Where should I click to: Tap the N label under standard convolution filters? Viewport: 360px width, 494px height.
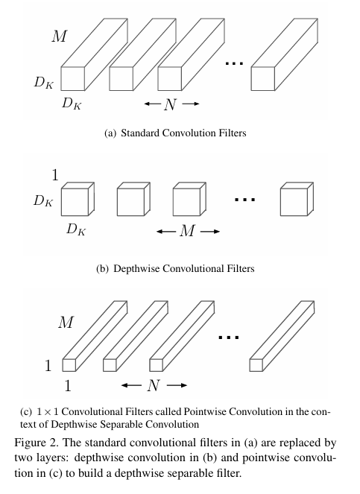coord(171,104)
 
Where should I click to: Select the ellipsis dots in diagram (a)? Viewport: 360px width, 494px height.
coord(234,64)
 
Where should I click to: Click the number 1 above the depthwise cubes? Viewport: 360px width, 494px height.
coord(54,175)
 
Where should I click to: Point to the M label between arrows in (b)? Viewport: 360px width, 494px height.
coord(188,231)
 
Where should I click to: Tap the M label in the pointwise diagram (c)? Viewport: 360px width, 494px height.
coord(66,323)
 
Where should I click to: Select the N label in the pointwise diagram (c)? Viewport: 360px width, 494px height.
coord(153,385)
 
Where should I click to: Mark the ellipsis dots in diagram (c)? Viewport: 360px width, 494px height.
coord(229,338)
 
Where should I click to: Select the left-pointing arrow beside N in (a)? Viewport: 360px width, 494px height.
coord(152,104)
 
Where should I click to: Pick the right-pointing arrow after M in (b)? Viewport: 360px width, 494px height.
coord(209,231)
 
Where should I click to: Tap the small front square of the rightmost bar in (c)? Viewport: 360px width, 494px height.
coord(256,365)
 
